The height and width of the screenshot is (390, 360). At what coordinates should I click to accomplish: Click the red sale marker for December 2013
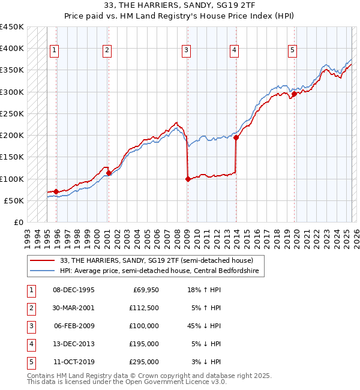tap(236, 137)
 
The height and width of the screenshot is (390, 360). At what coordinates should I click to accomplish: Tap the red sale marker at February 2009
tap(188, 178)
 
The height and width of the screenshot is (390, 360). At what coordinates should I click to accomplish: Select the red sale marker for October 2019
tap(295, 94)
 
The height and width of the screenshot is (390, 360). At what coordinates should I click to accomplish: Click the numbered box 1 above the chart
tap(55, 50)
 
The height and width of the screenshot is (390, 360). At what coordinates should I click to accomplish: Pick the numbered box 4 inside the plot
tap(233, 50)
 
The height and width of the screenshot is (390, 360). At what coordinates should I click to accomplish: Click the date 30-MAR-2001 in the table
tap(74, 308)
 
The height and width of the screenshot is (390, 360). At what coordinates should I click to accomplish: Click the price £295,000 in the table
tap(144, 362)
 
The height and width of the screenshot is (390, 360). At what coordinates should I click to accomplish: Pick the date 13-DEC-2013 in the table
tap(74, 344)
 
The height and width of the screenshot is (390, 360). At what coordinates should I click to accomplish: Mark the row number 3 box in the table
tap(30, 326)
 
